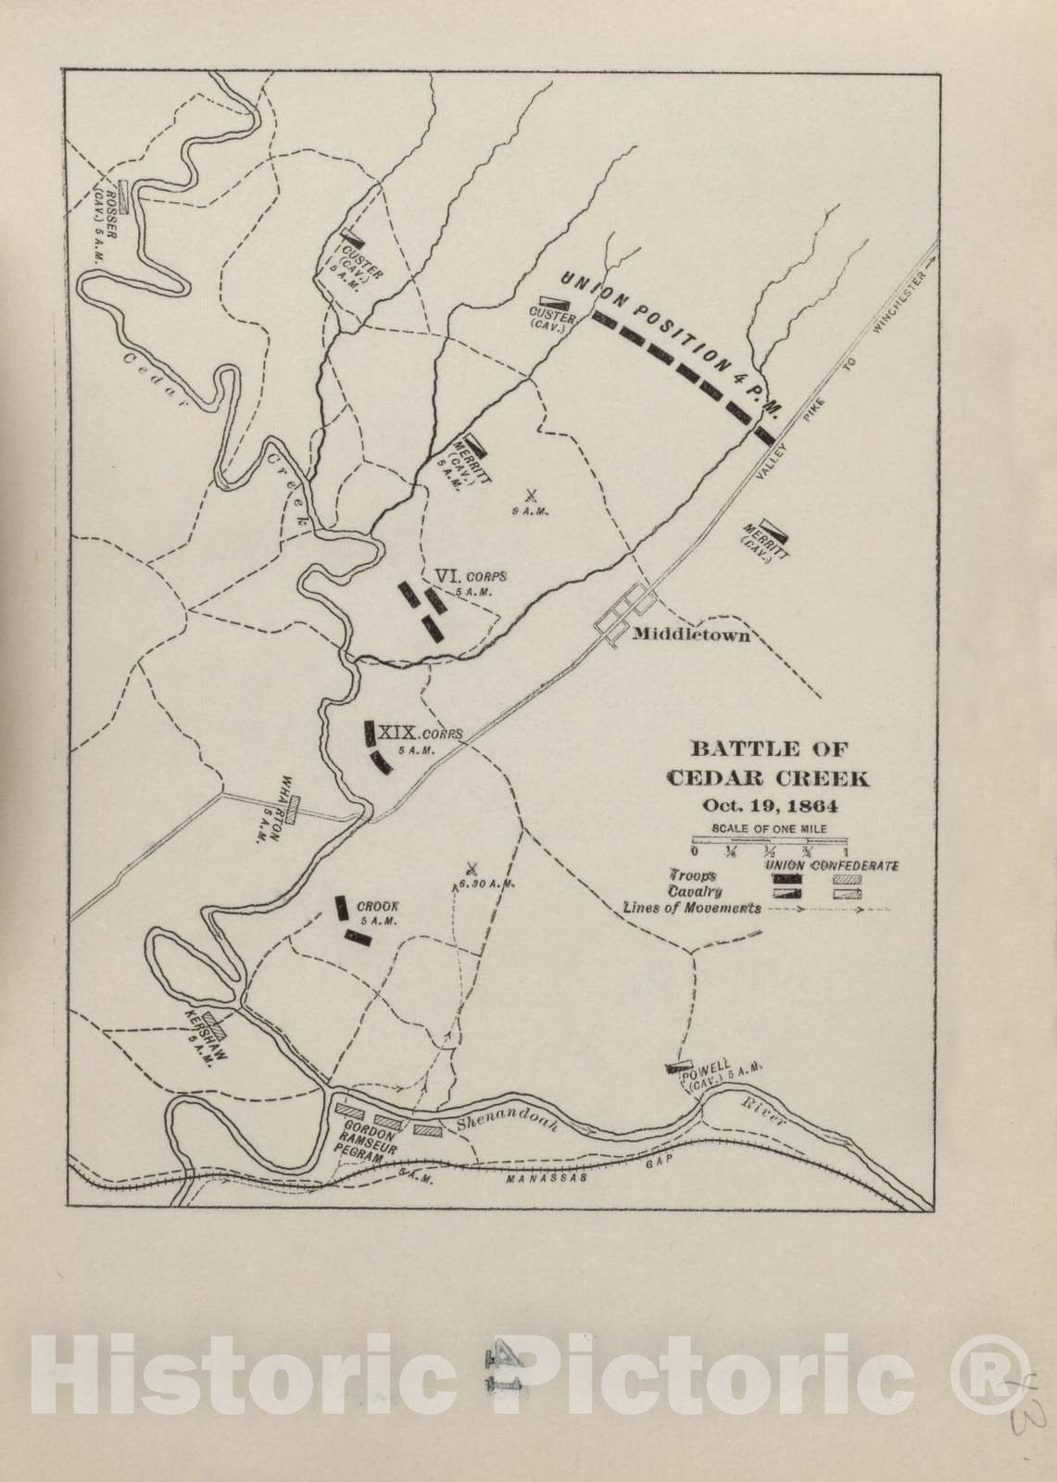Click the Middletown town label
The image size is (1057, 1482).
click(x=691, y=635)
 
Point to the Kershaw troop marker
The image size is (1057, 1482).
click(x=216, y=1022)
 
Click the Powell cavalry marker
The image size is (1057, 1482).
click(x=680, y=1067)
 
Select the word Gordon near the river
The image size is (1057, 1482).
click(x=366, y=1136)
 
